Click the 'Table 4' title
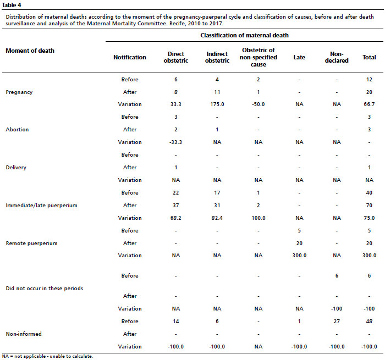coord(12,5)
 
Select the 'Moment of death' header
coord(30,51)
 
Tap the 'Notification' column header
coord(130,57)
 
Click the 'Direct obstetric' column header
coord(176,57)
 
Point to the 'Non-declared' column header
coord(337,57)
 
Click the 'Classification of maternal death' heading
coord(244,35)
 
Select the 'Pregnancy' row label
coord(19,92)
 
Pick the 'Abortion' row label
coord(17,130)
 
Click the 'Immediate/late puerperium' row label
coord(41,206)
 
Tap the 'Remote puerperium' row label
coord(32,243)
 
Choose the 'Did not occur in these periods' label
coord(45,289)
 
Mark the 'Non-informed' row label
coord(24,334)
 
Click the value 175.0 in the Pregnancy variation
coord(217,104)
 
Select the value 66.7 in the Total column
coord(369,104)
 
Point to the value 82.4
coord(217,218)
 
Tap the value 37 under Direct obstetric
coord(176,206)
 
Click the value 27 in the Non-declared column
coord(337,322)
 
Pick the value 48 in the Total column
coord(369,322)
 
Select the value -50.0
coord(258,104)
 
